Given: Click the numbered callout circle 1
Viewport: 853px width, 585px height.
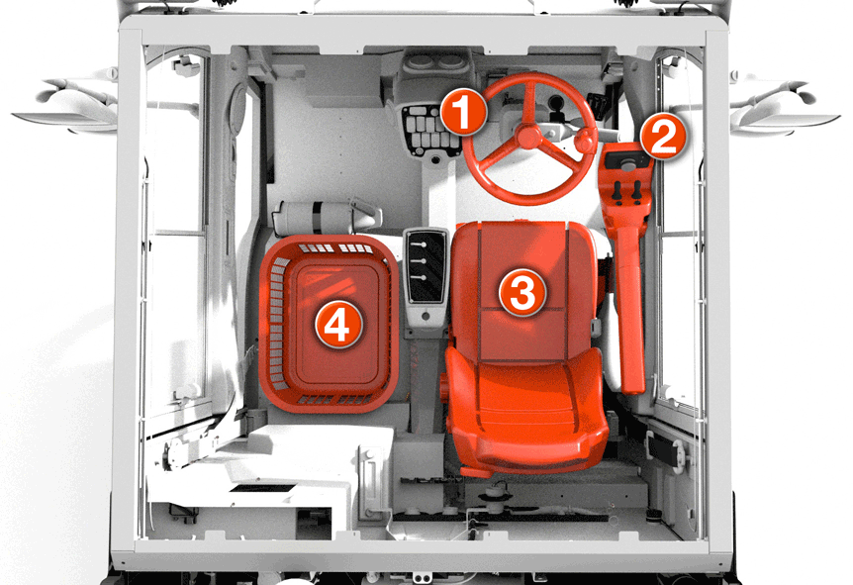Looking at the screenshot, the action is [x=463, y=113].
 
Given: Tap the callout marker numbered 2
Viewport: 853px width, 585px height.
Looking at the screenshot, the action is [x=663, y=137].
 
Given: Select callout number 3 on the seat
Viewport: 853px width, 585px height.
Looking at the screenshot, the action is [x=522, y=292].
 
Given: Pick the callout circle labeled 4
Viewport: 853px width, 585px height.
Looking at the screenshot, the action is [x=338, y=325].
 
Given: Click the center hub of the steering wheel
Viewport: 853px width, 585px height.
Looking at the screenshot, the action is [x=528, y=136].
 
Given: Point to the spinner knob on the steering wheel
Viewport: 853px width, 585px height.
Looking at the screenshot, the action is [x=586, y=141].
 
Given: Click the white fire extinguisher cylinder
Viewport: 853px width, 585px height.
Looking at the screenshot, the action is [x=326, y=217].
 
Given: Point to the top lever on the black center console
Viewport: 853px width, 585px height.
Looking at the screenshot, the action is [x=418, y=245].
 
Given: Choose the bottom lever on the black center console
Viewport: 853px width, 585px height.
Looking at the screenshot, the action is [x=418, y=277].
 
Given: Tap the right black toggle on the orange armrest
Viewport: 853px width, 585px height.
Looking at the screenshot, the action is [x=636, y=190].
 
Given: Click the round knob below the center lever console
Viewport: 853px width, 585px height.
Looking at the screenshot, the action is [x=426, y=316].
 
